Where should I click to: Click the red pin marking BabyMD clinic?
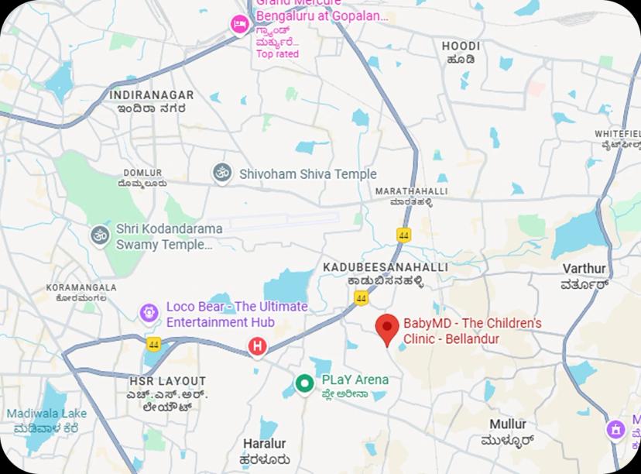387,328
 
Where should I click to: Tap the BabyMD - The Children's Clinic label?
472,331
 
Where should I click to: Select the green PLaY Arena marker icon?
305,383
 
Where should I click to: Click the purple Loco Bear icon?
149,313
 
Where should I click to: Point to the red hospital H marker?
257,347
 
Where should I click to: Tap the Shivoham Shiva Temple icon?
222,173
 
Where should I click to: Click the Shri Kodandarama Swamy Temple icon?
99,235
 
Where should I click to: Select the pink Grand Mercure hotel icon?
239,25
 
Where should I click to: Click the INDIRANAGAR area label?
151,95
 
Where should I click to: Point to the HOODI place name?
461,46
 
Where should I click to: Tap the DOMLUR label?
142,173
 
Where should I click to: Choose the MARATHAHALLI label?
411,191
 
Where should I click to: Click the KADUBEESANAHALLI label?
385,267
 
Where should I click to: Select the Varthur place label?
584,269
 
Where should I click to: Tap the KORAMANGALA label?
81,287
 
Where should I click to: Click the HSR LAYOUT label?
167,381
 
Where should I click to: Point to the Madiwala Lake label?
46,414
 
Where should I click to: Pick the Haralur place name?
264,444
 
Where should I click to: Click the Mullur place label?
508,424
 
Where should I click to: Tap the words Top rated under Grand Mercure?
277,54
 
